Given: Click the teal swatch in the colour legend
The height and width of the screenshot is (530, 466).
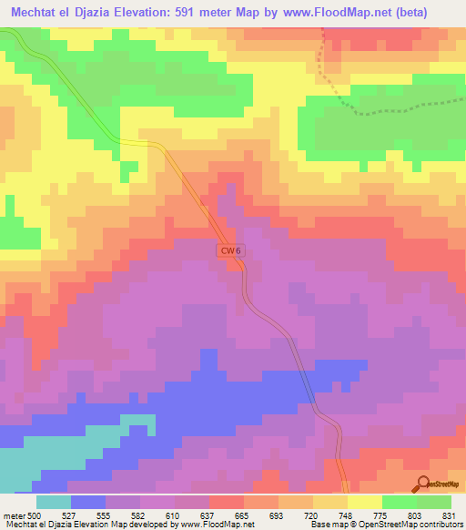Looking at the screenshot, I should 54,502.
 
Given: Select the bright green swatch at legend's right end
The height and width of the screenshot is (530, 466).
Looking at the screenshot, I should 434,502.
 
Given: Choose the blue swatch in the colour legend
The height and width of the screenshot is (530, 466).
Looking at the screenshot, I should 88,502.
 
